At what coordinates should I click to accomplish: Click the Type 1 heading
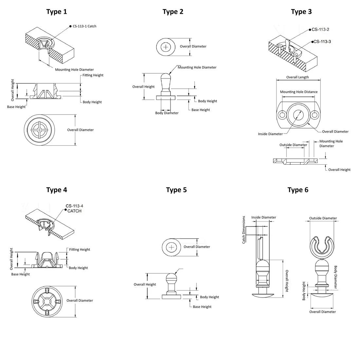[x=57, y=12]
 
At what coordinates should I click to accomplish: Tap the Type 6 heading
[x=298, y=190]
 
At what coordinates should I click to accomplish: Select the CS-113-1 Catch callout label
[x=84, y=26]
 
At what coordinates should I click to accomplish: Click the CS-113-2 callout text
[x=320, y=29]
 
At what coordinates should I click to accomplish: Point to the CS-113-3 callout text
[x=322, y=42]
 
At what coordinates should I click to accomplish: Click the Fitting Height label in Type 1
[x=93, y=75]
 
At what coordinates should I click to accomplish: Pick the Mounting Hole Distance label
[x=299, y=92]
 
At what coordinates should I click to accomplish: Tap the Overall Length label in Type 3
[x=297, y=77]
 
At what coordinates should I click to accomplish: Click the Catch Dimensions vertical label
[x=244, y=229]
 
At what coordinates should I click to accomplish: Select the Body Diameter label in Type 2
[x=167, y=113]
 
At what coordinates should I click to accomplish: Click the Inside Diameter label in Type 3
[x=270, y=134]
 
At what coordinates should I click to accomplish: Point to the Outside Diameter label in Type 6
[x=323, y=218]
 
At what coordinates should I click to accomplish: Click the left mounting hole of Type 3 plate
[x=282, y=115]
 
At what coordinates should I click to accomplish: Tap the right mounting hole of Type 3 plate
[x=315, y=115]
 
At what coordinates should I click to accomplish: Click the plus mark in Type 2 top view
[x=166, y=47]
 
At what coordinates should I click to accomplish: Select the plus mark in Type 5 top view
[x=171, y=247]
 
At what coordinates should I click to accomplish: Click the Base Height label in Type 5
[x=202, y=307]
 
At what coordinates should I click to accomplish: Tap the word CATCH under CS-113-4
[x=74, y=211]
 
